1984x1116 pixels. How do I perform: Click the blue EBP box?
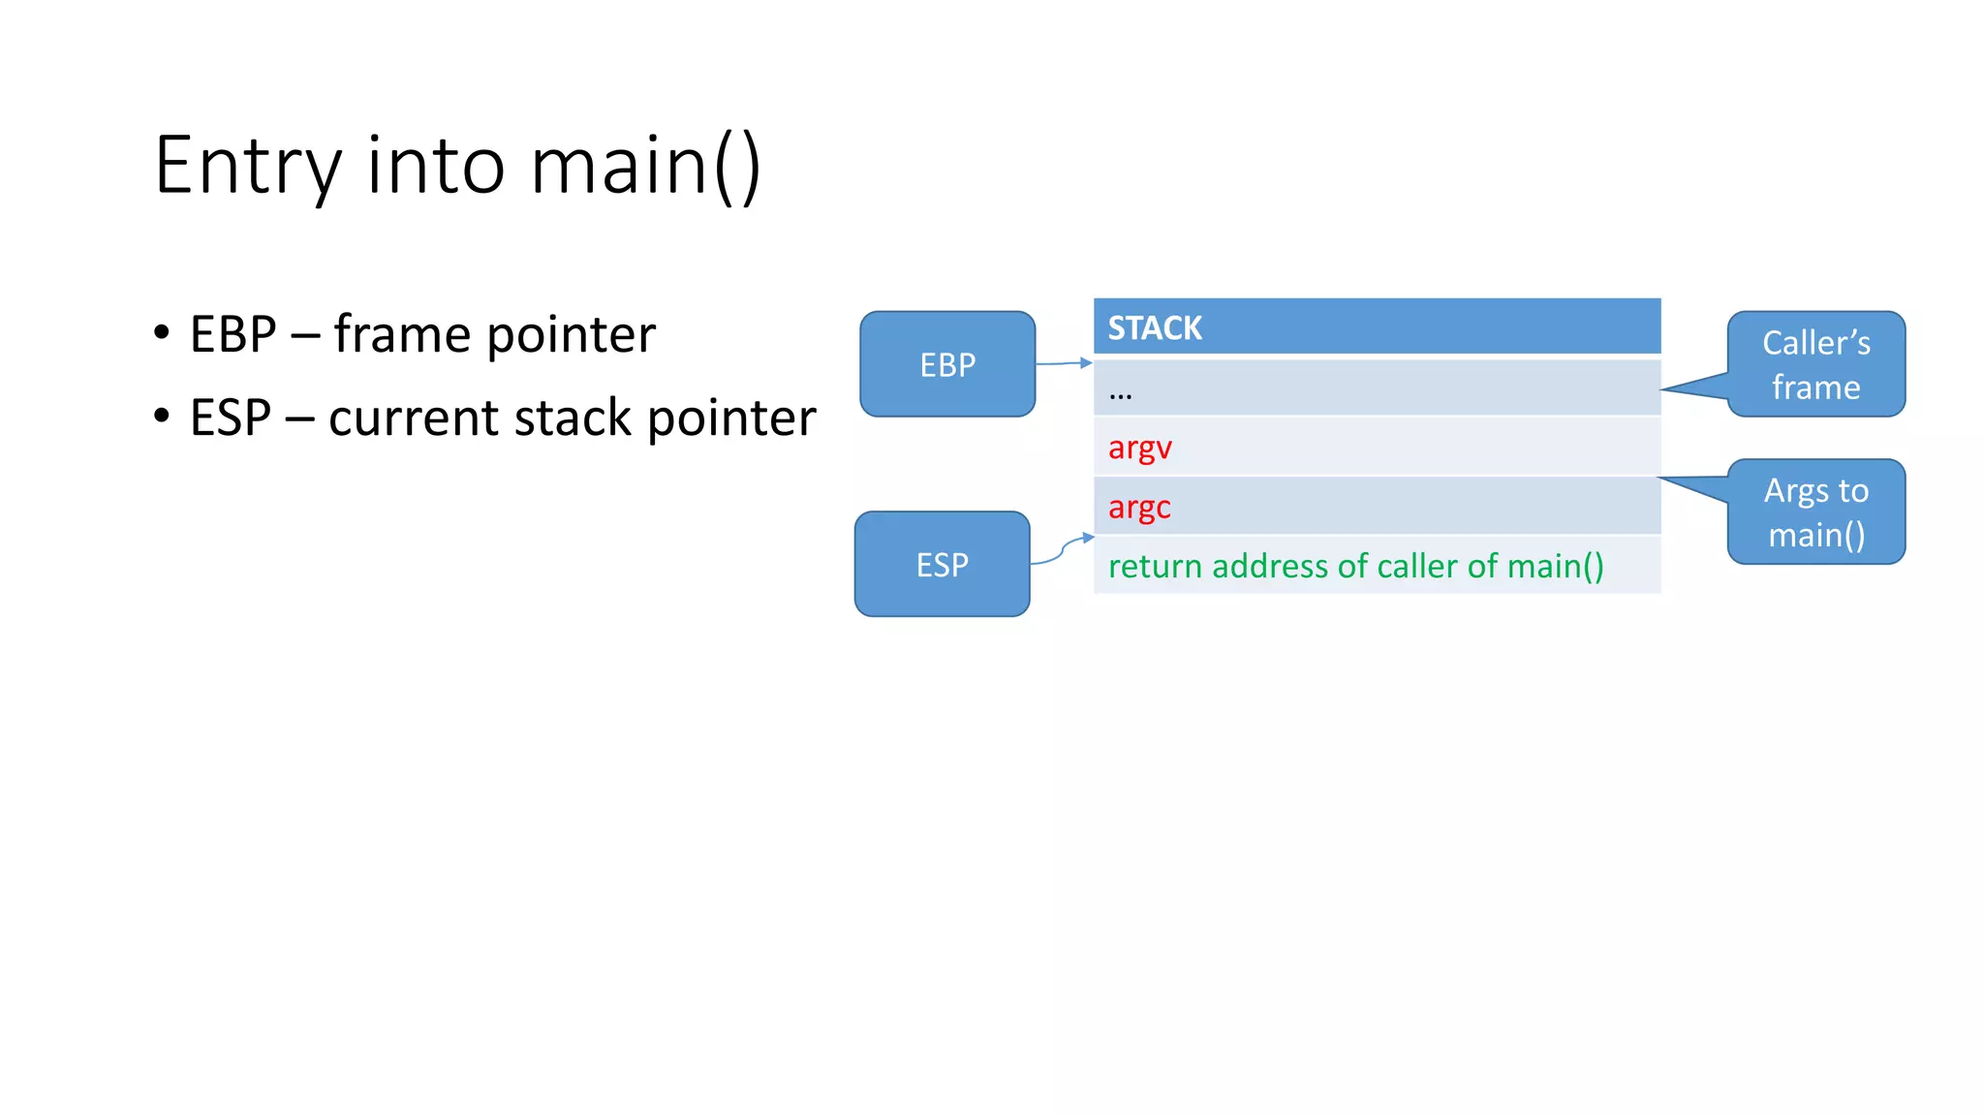947,364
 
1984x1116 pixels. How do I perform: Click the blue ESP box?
942,564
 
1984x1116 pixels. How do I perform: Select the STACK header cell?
1377,327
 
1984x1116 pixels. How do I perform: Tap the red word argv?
1139,448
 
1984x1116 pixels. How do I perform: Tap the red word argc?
1139,507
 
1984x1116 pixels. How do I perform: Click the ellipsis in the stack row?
1120,394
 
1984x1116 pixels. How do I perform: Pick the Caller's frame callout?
1815,364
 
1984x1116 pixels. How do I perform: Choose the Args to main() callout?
1815,512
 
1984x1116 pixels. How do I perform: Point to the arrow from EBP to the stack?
1064,363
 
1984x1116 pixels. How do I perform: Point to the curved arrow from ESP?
1063,549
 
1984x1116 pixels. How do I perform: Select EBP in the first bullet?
232,334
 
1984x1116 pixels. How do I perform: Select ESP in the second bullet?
230,418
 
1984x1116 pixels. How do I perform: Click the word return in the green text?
1155,566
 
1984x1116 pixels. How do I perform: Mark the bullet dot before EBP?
162,333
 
